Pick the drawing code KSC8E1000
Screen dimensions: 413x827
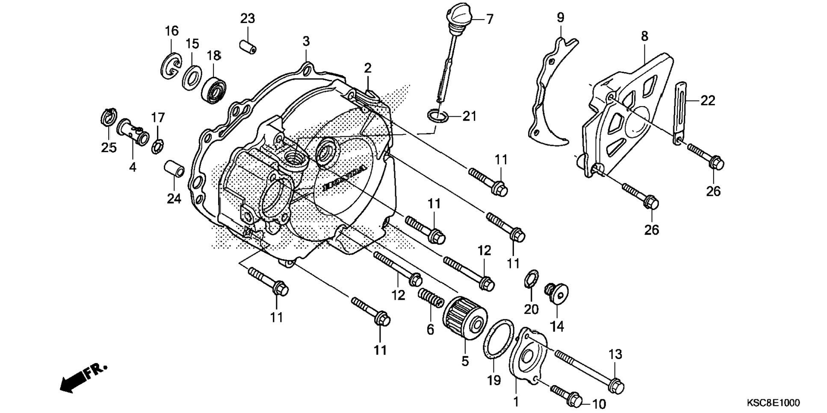pyautogui.click(x=773, y=403)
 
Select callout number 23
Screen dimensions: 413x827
pyautogui.click(x=247, y=19)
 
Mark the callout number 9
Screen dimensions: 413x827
pyautogui.click(x=560, y=18)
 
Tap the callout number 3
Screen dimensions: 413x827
pyautogui.click(x=306, y=41)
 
